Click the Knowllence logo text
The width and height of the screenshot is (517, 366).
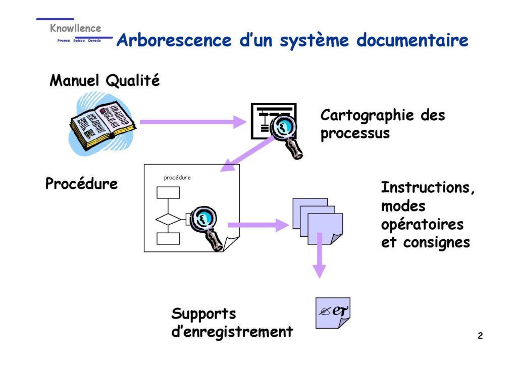coord(75,29)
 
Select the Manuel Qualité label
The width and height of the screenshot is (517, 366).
coord(105,80)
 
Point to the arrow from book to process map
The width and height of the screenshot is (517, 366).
coord(192,122)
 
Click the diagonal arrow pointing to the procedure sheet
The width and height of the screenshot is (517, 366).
coord(247,154)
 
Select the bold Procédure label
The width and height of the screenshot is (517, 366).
coord(81,184)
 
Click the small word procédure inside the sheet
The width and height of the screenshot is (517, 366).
coord(177,178)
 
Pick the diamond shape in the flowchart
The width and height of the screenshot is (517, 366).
coord(167,219)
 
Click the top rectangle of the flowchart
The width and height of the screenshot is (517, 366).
coord(168,193)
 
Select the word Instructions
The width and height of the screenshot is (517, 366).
coord(428,188)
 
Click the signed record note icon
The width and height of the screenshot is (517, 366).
coord(333,312)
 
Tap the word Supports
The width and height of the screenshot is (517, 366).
coord(203,314)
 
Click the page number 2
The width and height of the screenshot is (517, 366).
coord(480,336)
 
